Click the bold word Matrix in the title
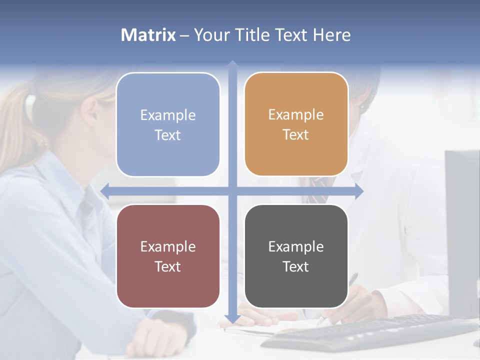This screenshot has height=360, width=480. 148,35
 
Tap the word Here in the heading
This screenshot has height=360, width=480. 331,35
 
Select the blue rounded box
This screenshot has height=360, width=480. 168,124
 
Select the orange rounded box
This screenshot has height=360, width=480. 296,124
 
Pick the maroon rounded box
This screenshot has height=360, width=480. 168,256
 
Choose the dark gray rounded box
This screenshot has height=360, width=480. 296,256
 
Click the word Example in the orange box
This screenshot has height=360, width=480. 296,115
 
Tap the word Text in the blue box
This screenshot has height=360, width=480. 168,135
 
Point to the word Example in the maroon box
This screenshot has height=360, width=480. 168,246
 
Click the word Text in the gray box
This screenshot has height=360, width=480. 296,266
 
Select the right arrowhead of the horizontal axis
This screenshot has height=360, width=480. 359,190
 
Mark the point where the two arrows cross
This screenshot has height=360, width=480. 232,190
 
